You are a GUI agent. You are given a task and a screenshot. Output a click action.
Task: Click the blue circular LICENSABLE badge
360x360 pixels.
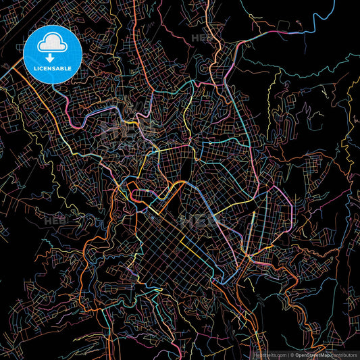[x=53, y=53]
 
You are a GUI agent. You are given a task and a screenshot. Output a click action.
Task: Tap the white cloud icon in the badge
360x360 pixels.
[x=53, y=45]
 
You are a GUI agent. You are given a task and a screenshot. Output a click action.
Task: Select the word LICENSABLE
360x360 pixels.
[x=53, y=69]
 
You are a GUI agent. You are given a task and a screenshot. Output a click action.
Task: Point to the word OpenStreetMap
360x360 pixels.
[x=313, y=355]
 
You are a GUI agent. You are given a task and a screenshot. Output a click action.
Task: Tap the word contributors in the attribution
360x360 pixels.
[x=344, y=355]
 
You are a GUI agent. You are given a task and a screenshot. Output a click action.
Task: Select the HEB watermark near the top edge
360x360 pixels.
[x=201, y=38]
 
